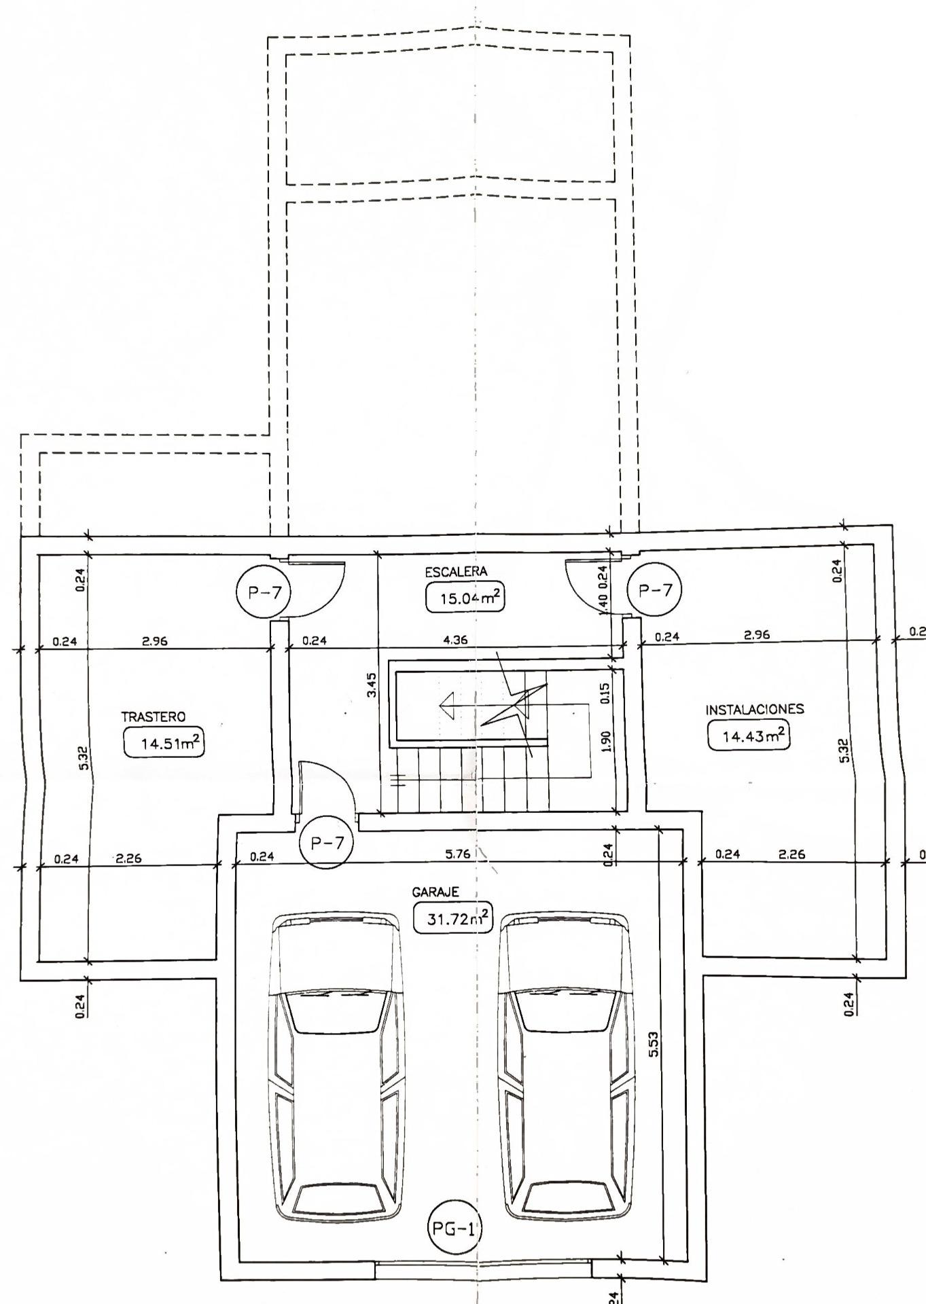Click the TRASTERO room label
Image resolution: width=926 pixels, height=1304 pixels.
point(153,717)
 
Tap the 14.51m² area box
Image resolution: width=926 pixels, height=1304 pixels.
point(164,742)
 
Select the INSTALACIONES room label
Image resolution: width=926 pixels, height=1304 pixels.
point(755,709)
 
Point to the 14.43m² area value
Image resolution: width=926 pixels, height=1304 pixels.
point(749,736)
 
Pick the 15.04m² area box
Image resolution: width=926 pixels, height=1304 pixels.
point(465,598)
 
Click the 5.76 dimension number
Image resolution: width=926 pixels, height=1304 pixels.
point(457,854)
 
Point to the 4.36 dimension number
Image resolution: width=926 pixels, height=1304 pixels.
point(455,639)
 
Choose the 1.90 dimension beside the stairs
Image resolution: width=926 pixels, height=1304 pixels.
point(607,741)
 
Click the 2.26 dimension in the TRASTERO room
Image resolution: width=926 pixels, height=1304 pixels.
point(128,858)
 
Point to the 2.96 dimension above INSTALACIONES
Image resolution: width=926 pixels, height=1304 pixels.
point(757,636)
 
